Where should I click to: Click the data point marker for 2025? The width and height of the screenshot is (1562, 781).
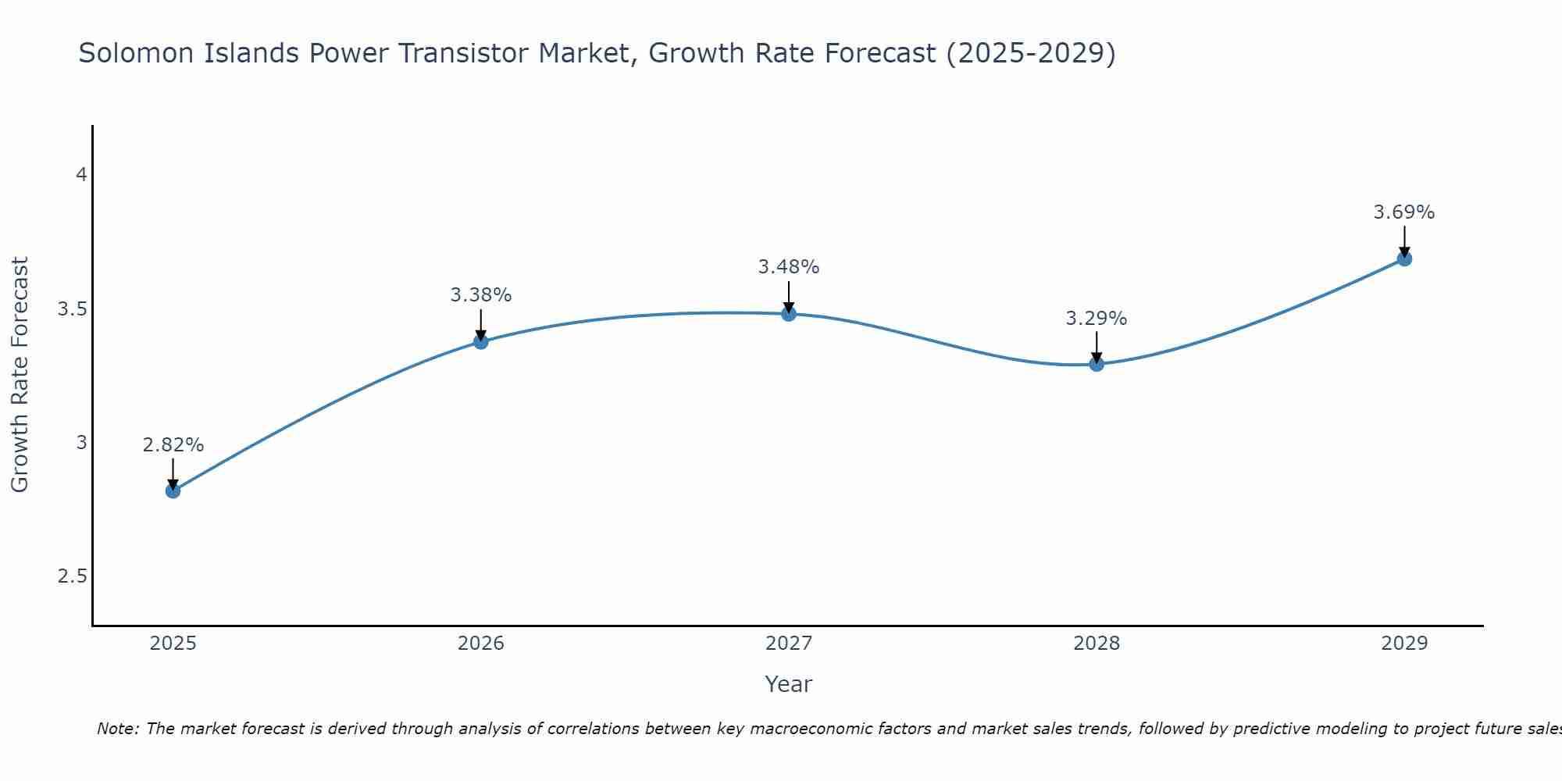pos(173,490)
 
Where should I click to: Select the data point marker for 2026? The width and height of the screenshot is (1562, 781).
pos(480,341)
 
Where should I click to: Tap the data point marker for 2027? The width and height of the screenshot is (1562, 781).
pos(789,314)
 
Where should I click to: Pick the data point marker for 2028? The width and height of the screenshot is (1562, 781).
pos(1097,364)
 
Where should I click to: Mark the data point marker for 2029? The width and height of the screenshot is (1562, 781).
pos(1404,259)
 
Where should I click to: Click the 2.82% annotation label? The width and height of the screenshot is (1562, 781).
pos(173,445)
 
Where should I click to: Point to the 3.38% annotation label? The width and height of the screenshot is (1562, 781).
pos(480,295)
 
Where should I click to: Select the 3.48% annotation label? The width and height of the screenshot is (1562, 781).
pos(789,267)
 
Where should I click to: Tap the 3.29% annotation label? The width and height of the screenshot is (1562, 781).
pos(1097,319)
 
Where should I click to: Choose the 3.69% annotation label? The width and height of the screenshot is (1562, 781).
pos(1404,212)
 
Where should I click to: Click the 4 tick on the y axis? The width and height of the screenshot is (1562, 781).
pos(80,175)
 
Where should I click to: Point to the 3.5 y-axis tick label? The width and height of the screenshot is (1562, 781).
pos(72,309)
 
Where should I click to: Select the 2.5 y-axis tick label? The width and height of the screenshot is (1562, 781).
pos(72,576)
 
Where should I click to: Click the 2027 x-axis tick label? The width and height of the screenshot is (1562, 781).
pos(789,644)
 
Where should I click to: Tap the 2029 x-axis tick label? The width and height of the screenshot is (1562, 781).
pos(1404,644)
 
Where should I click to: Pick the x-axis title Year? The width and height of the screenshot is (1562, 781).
pos(789,684)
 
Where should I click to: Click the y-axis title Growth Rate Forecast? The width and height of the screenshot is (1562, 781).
pos(20,375)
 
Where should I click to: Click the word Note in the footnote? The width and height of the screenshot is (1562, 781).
pos(117,729)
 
